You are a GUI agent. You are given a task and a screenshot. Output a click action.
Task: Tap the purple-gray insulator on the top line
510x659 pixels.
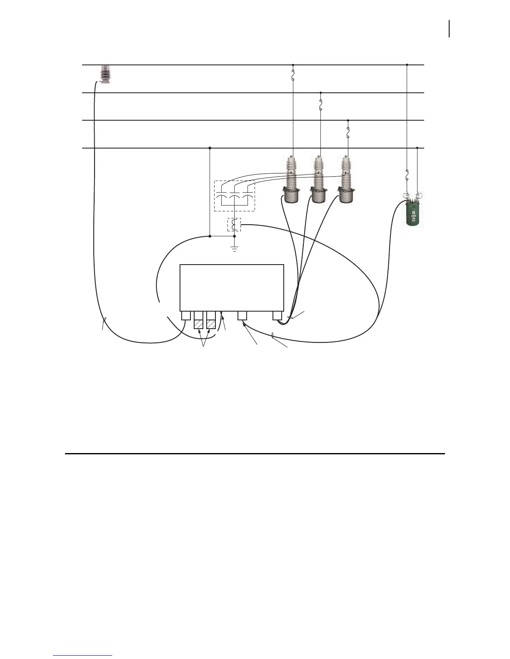[105, 74]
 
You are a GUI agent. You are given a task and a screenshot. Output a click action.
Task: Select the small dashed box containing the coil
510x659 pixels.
[234, 225]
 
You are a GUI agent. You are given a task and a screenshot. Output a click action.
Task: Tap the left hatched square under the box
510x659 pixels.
[199, 324]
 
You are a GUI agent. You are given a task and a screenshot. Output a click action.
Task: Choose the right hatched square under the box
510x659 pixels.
[212, 324]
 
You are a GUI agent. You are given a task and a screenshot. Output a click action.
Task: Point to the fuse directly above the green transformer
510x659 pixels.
[407, 176]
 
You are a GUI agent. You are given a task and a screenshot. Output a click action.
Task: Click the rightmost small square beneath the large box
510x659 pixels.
[277, 316]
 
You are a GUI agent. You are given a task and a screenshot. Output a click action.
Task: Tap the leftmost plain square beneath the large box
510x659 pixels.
[186, 316]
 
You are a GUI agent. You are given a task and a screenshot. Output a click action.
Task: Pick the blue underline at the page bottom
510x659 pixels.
[83, 656]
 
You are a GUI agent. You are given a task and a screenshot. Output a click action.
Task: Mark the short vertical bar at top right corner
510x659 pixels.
[449, 29]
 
